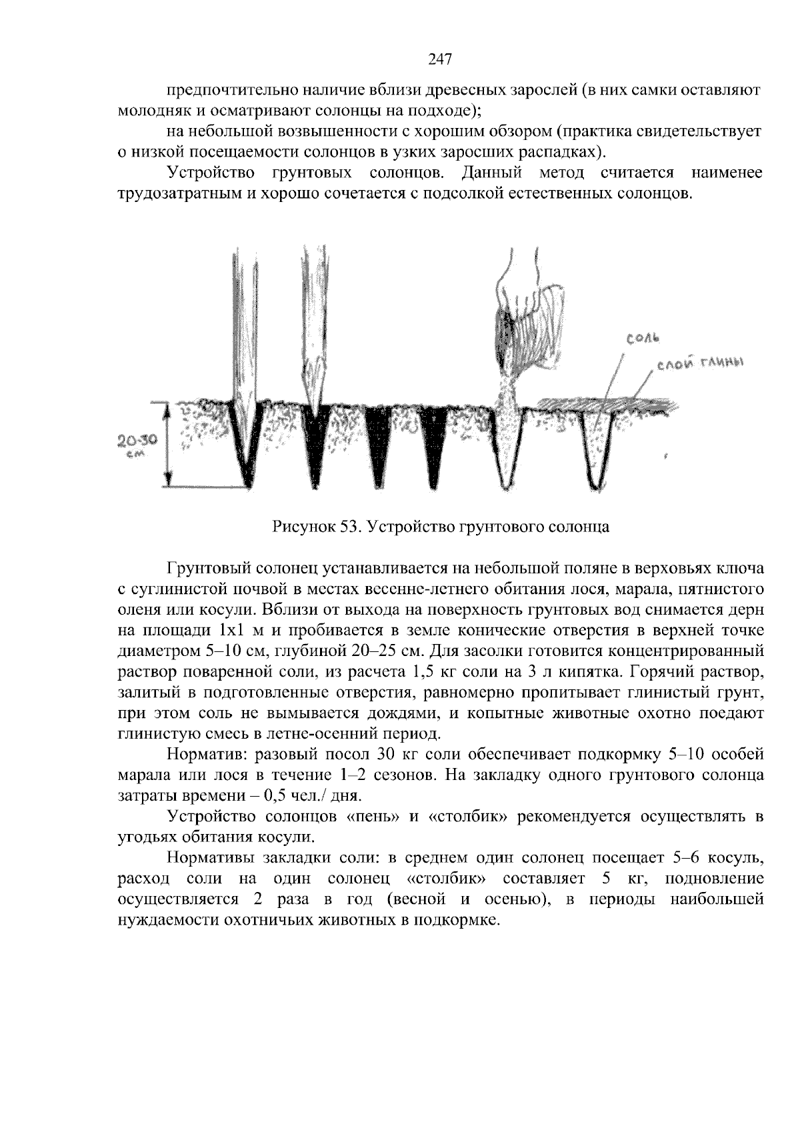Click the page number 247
440,59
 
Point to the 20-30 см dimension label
137,444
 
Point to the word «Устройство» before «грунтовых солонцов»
211,173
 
